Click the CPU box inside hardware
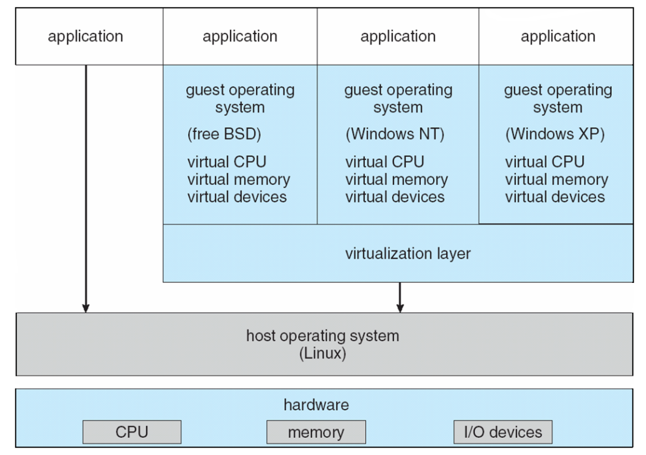pos(132,432)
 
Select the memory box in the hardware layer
pos(316,432)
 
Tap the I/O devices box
pos(502,432)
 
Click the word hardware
pos(316,405)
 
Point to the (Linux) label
pos(322,353)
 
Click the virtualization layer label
pos(408,253)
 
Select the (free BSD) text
pos(224,134)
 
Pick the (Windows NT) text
pos(395,134)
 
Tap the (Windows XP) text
pos(555,134)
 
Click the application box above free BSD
pos(240,36)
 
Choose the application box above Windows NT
pos(398,36)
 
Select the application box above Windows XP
pos(558,36)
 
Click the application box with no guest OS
pos(85,36)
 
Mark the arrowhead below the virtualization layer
pos(400,307)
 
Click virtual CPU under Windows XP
pos(544,162)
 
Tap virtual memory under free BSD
pos(238,179)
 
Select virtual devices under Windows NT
pos(395,197)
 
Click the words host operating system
pos(322,336)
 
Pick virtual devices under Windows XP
pos(555,197)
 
